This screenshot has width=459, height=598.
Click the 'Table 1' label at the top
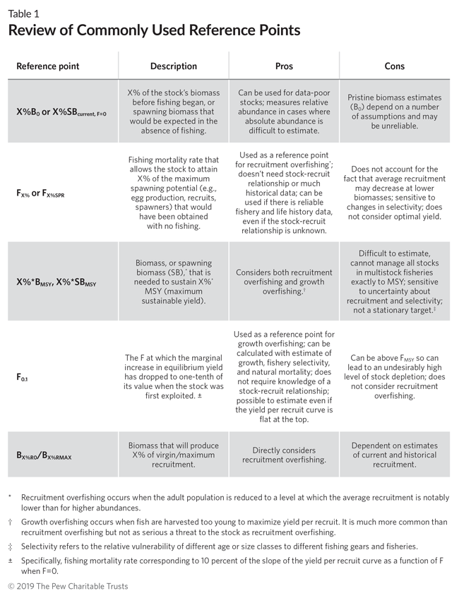(23, 13)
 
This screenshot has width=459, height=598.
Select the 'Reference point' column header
(48, 66)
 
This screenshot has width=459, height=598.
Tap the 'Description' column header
(174, 66)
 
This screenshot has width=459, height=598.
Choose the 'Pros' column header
(284, 66)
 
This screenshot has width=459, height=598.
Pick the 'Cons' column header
(394, 66)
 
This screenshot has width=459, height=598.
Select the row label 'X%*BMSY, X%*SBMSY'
(56, 282)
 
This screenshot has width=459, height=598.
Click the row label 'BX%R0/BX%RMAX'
(44, 455)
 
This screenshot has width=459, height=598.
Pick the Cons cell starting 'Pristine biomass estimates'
(394, 112)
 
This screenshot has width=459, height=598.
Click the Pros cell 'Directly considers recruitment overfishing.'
(284, 455)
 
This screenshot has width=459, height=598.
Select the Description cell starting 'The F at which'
(174, 378)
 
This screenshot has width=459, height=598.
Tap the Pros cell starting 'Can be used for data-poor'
(284, 112)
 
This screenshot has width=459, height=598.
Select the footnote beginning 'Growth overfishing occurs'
(233, 527)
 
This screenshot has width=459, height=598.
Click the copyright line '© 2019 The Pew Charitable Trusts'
(68, 586)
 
